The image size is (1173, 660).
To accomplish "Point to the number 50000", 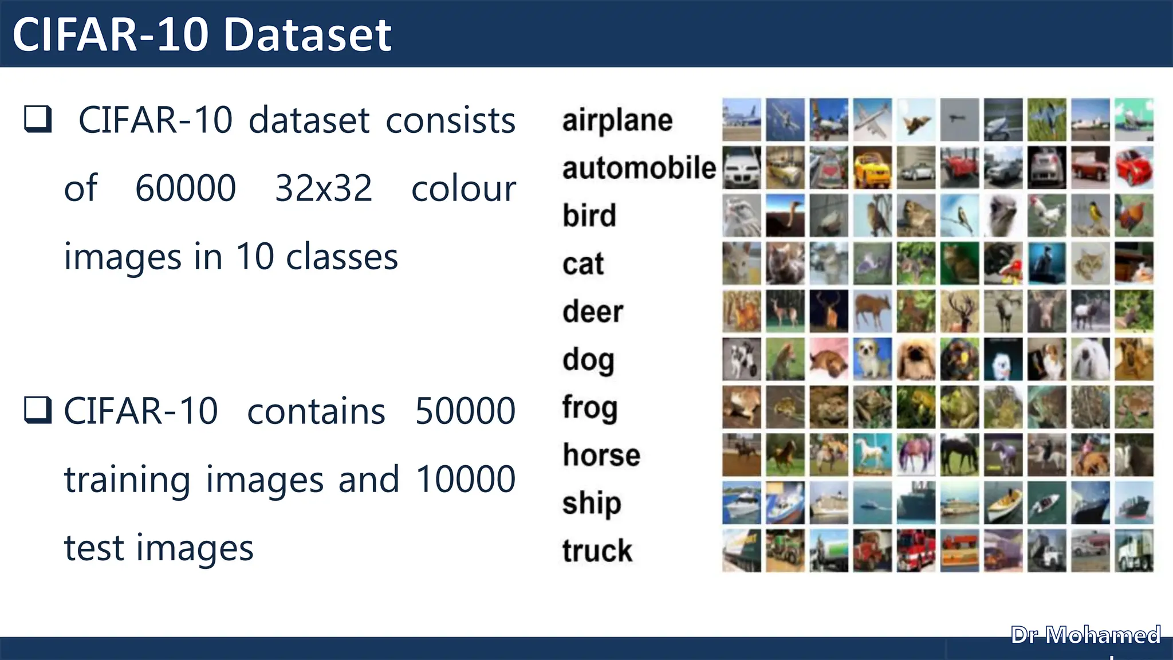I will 465,411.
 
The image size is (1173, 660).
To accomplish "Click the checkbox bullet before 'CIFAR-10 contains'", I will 38,410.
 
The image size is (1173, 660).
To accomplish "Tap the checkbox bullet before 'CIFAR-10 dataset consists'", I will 38,119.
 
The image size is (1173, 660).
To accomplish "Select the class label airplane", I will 617,120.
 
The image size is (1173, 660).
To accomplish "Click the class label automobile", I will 639,168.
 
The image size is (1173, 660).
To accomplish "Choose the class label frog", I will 590,408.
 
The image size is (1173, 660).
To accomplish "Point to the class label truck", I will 597,551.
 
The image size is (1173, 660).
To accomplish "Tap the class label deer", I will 593,312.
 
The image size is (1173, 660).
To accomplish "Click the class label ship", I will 592,503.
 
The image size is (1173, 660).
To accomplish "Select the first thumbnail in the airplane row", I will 742,120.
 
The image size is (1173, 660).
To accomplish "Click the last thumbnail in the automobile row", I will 1134,168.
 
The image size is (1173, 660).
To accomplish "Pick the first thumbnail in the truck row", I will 742,551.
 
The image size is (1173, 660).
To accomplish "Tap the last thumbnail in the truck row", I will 1134,551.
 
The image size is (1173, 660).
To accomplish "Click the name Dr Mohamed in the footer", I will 1085,635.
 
